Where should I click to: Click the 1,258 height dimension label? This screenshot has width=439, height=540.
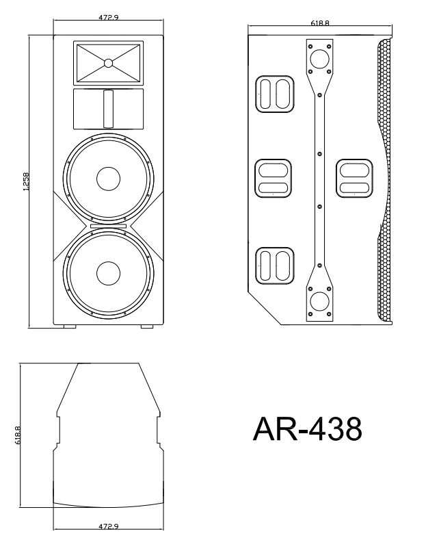pyautogui.click(x=25, y=181)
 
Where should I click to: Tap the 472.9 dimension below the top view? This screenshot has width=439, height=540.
pyautogui.click(x=108, y=527)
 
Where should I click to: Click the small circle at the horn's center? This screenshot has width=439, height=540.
pyautogui.click(x=108, y=63)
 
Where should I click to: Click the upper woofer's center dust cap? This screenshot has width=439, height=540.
pyautogui.click(x=108, y=179)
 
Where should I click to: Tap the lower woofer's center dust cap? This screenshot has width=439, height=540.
pyautogui.click(x=108, y=274)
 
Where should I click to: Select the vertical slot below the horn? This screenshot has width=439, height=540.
pyautogui.click(x=108, y=108)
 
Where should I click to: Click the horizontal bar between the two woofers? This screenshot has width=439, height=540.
pyautogui.click(x=108, y=226)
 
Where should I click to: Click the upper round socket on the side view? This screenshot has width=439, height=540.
pyautogui.click(x=319, y=59)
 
